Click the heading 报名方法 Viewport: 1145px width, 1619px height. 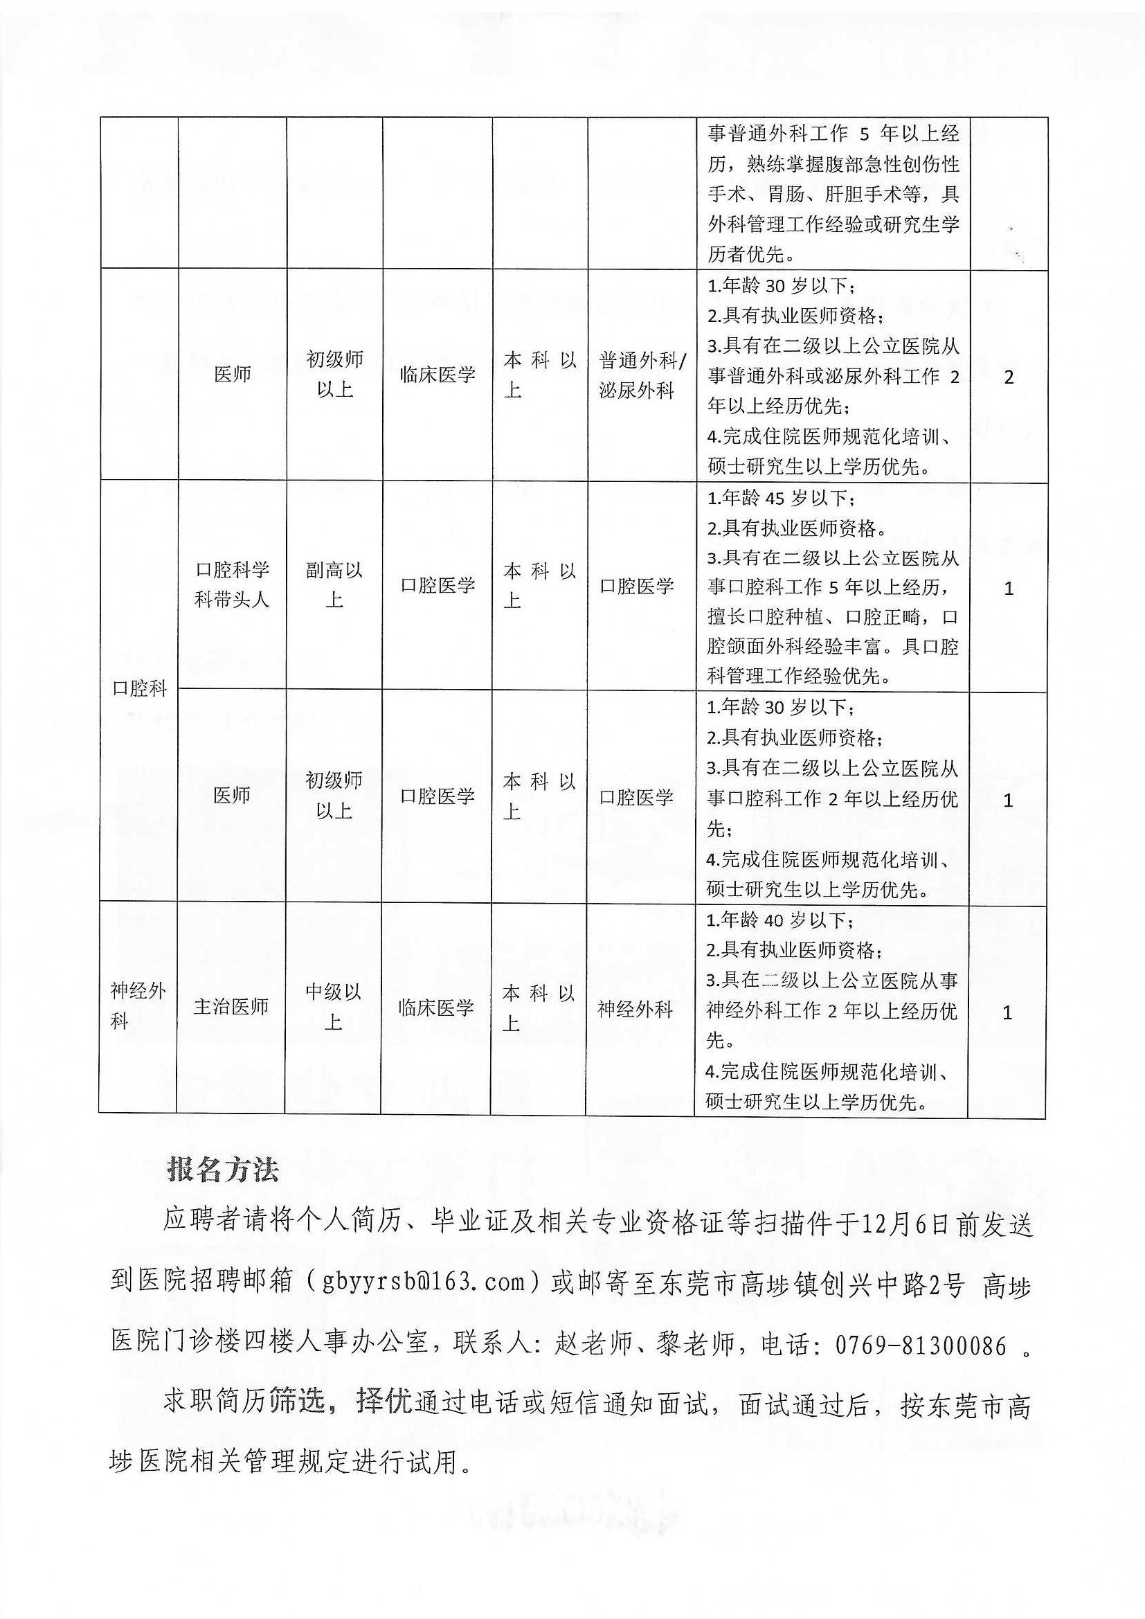click(223, 1170)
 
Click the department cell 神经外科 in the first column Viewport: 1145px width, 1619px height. click(138, 1005)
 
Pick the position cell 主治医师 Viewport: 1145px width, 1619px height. click(231, 1006)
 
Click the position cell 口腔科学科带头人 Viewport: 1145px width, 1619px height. click(232, 584)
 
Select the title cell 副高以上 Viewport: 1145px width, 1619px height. click(334, 584)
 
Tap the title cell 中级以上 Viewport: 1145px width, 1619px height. click(334, 1006)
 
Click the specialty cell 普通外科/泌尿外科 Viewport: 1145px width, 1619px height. click(641, 375)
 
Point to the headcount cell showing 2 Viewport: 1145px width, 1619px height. click(1008, 377)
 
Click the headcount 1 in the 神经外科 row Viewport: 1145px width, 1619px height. click(1007, 1012)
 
